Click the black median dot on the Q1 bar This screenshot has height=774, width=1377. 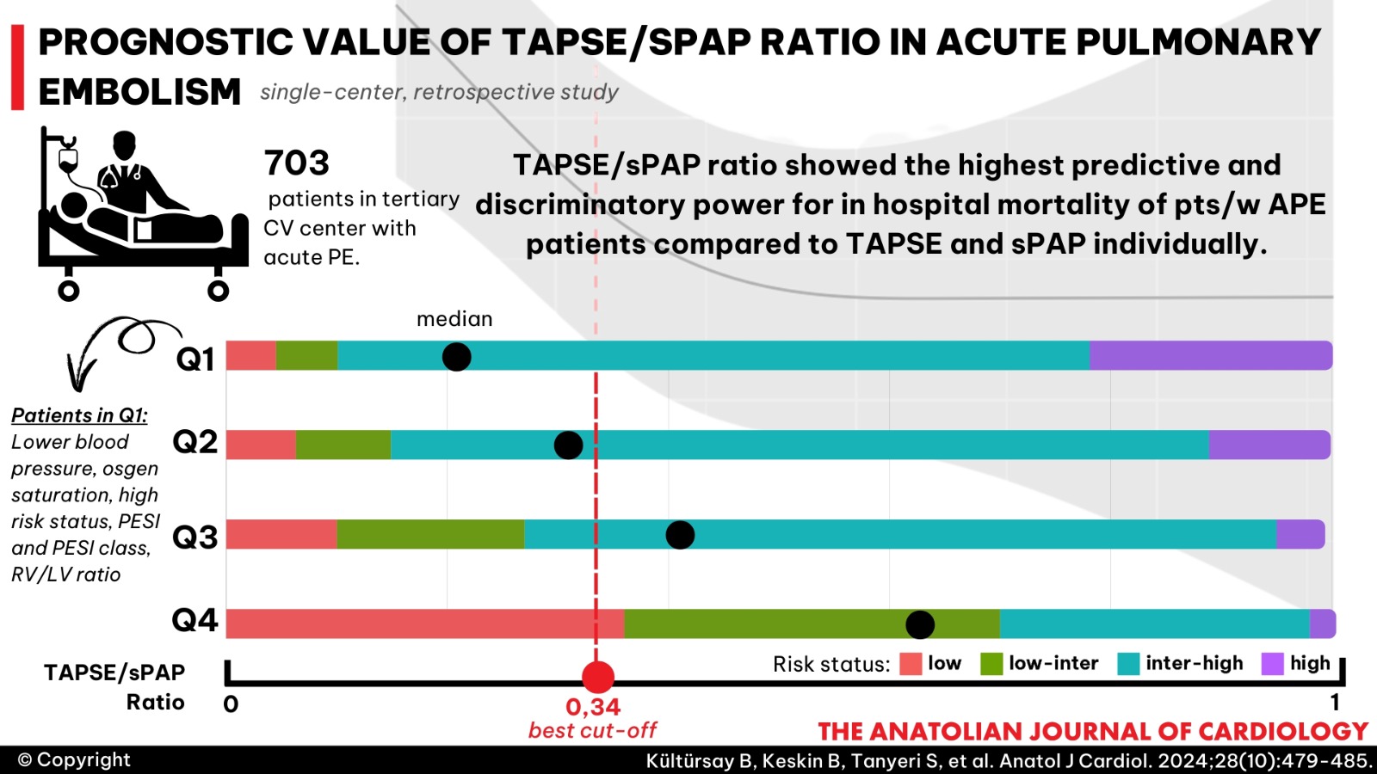point(457,356)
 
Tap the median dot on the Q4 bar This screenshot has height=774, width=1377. point(920,624)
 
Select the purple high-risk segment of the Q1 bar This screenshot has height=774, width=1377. point(1211,356)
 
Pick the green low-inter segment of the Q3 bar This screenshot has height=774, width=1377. point(430,534)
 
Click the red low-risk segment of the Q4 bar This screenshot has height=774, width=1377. point(425,623)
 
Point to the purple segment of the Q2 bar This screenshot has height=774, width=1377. point(1269,445)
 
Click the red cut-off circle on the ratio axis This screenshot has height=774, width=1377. point(597,677)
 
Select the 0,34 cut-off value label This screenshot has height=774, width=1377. point(593,707)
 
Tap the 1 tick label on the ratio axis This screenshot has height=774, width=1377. point(1335,703)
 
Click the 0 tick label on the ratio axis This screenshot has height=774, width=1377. point(231,704)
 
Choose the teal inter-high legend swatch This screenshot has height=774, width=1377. point(1128,664)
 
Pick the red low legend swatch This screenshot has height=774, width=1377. point(911,664)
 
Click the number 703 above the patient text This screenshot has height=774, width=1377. point(297,163)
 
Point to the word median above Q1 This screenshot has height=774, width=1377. point(454,319)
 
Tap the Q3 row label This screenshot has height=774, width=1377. point(195,537)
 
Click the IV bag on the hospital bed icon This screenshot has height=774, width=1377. point(68,159)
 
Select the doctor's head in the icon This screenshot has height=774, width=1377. point(125,146)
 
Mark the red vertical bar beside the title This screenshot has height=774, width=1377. point(18,68)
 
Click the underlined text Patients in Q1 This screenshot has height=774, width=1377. point(79,416)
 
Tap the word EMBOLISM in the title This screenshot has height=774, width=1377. point(139,91)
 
